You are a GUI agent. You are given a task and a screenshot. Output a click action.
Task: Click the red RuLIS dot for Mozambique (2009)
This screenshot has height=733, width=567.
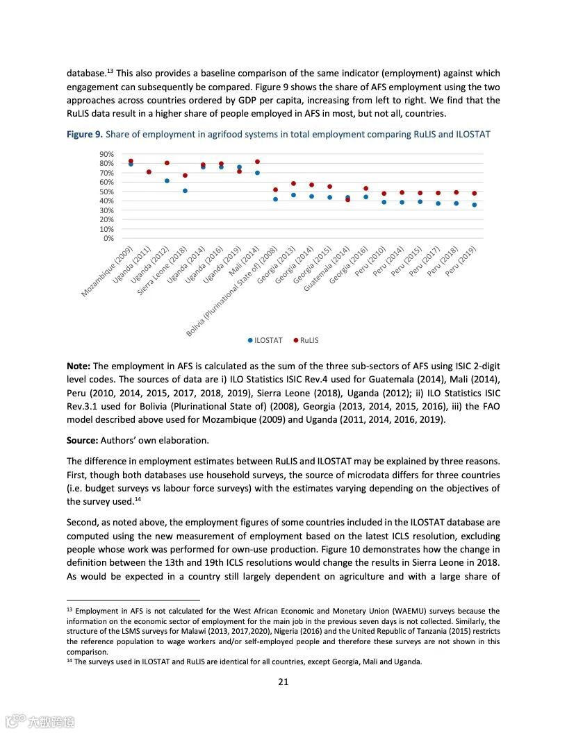click(x=131, y=161)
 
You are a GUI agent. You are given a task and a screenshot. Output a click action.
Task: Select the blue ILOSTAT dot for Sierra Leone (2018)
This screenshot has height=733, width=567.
click(x=185, y=191)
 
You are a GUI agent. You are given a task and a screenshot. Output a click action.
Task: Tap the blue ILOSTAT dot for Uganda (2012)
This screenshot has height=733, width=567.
click(x=167, y=180)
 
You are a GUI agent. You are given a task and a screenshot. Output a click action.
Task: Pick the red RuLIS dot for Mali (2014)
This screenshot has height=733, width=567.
click(x=257, y=162)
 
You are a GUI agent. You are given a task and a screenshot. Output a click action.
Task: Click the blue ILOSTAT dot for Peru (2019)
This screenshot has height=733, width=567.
click(x=475, y=205)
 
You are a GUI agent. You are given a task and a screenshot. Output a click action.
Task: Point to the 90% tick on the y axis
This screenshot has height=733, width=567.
click(x=107, y=154)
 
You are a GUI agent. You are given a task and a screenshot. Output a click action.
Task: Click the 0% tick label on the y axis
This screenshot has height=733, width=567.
click(x=108, y=238)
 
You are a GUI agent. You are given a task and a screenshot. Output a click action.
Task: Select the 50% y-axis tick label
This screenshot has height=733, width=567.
click(x=107, y=192)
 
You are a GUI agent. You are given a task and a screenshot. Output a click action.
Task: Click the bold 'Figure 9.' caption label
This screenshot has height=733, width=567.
click(x=84, y=134)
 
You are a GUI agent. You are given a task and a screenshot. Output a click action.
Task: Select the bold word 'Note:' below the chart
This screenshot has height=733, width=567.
click(x=79, y=366)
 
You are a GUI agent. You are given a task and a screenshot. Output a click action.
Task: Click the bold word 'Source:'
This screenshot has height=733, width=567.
click(x=83, y=440)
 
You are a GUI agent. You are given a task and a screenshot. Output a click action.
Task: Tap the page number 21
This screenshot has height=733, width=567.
click(x=283, y=682)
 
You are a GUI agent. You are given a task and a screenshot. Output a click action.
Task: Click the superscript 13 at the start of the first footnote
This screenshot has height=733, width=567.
click(x=69, y=609)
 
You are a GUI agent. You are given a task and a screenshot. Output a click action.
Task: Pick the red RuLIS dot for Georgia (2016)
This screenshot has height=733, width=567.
click(x=365, y=188)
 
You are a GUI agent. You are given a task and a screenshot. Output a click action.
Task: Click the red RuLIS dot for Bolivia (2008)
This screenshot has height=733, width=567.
click(x=275, y=189)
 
